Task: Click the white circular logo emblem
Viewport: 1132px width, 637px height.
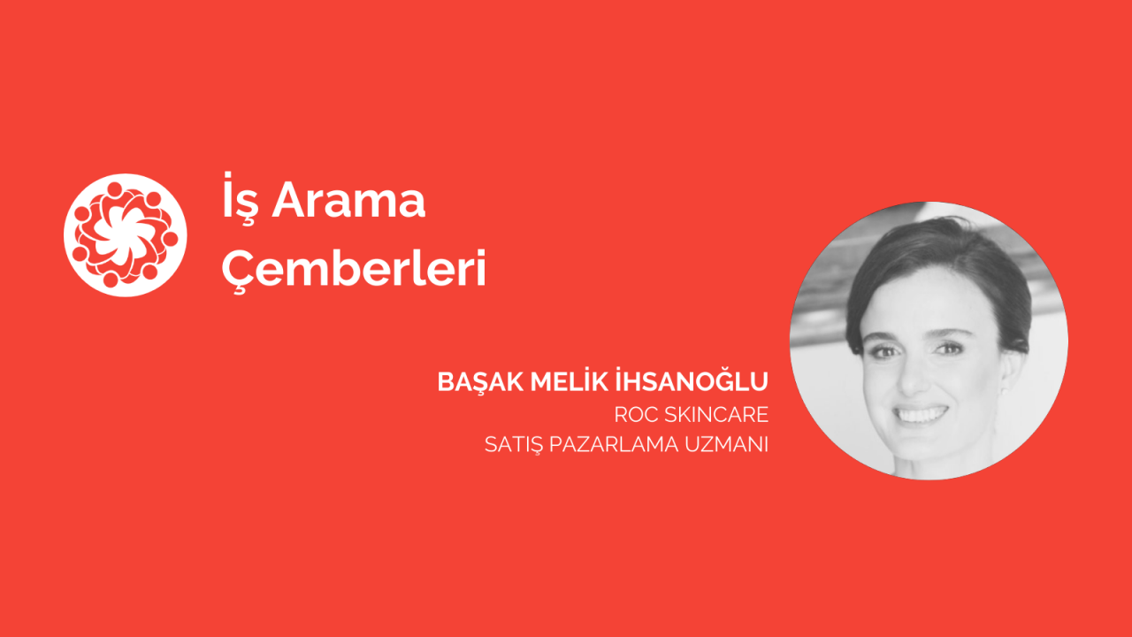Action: coord(126,235)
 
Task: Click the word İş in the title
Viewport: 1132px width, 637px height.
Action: coord(238,199)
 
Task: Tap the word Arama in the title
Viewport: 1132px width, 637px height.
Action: coord(348,200)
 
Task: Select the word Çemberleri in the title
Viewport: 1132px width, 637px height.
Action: coord(354,268)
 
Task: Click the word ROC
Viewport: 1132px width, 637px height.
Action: coord(636,415)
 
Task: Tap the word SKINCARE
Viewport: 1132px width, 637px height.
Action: coord(716,415)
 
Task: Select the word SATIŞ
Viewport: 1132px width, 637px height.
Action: coord(514,445)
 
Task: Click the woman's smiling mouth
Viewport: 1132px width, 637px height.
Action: coord(922,415)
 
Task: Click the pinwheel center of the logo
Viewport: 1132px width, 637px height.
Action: coord(125,235)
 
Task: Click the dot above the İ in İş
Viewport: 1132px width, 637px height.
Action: coord(228,174)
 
